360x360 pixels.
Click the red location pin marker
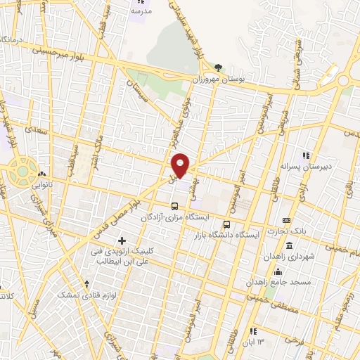181,165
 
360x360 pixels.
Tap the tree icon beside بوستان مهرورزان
220,68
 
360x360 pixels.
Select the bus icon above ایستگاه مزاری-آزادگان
174,206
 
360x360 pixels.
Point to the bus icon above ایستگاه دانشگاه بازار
226,225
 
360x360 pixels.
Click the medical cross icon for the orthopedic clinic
122,241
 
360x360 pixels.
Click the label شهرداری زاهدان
288,257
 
